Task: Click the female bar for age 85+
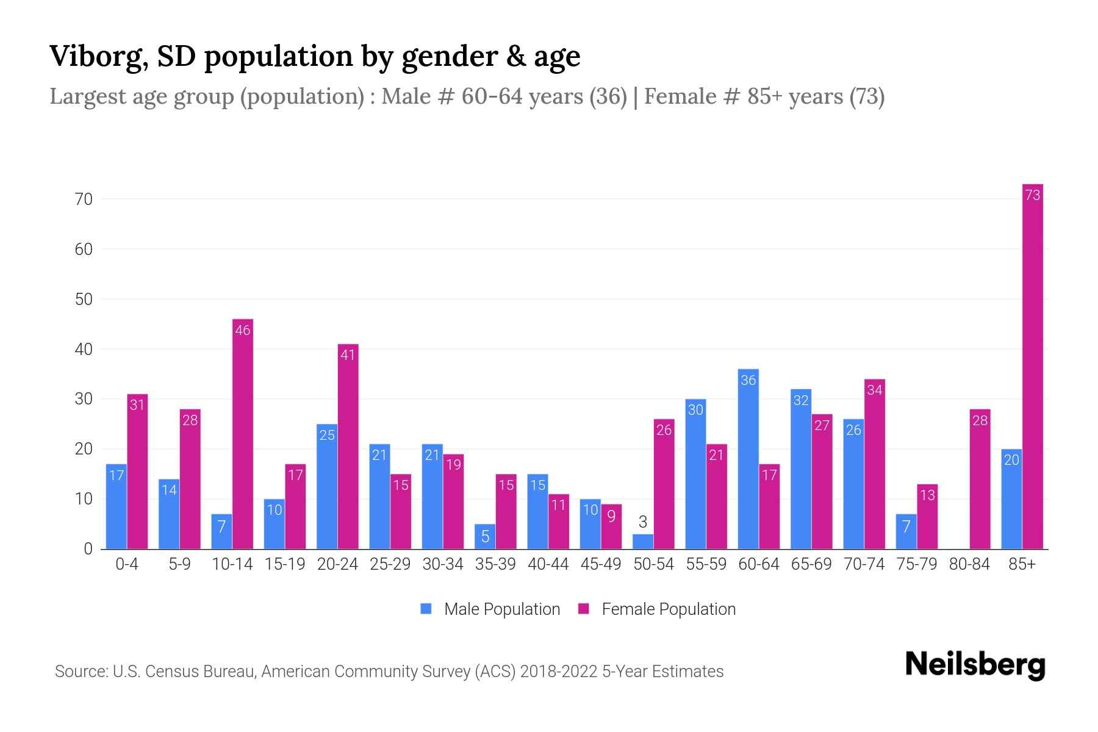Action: tap(1033, 366)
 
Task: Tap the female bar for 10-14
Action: tap(243, 434)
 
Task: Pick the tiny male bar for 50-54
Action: tap(643, 542)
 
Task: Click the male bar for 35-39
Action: tap(485, 537)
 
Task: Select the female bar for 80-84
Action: tap(980, 479)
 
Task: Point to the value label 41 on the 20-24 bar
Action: tap(348, 355)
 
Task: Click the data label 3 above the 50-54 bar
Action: tap(643, 522)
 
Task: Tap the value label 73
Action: tap(1033, 195)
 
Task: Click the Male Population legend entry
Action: tap(490, 609)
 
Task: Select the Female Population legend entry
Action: tap(658, 609)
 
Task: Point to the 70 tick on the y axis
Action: tap(84, 199)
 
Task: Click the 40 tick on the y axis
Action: tap(84, 350)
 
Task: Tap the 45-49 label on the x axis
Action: tap(601, 565)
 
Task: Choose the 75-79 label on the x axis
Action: tap(917, 565)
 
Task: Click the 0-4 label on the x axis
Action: tap(127, 565)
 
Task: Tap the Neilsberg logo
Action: tap(975, 665)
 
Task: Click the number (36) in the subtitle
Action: tap(608, 96)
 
